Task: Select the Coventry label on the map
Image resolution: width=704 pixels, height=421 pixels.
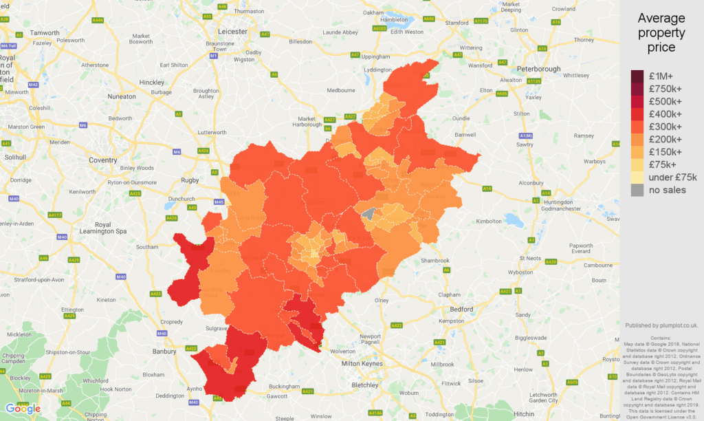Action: pos(103,160)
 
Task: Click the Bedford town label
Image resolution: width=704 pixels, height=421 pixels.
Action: pos(460,310)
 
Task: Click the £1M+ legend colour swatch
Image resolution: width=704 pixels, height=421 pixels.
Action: pos(637,76)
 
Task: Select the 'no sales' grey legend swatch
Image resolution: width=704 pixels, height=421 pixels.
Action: pos(637,190)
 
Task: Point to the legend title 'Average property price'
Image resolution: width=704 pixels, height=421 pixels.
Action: pos(661,33)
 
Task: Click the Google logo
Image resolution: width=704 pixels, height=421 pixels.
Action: pos(23,409)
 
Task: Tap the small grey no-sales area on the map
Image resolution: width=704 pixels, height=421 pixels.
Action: pos(369,214)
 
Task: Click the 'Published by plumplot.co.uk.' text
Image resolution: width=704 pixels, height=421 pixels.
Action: pos(661,325)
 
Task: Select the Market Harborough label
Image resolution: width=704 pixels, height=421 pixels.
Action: pos(307,122)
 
